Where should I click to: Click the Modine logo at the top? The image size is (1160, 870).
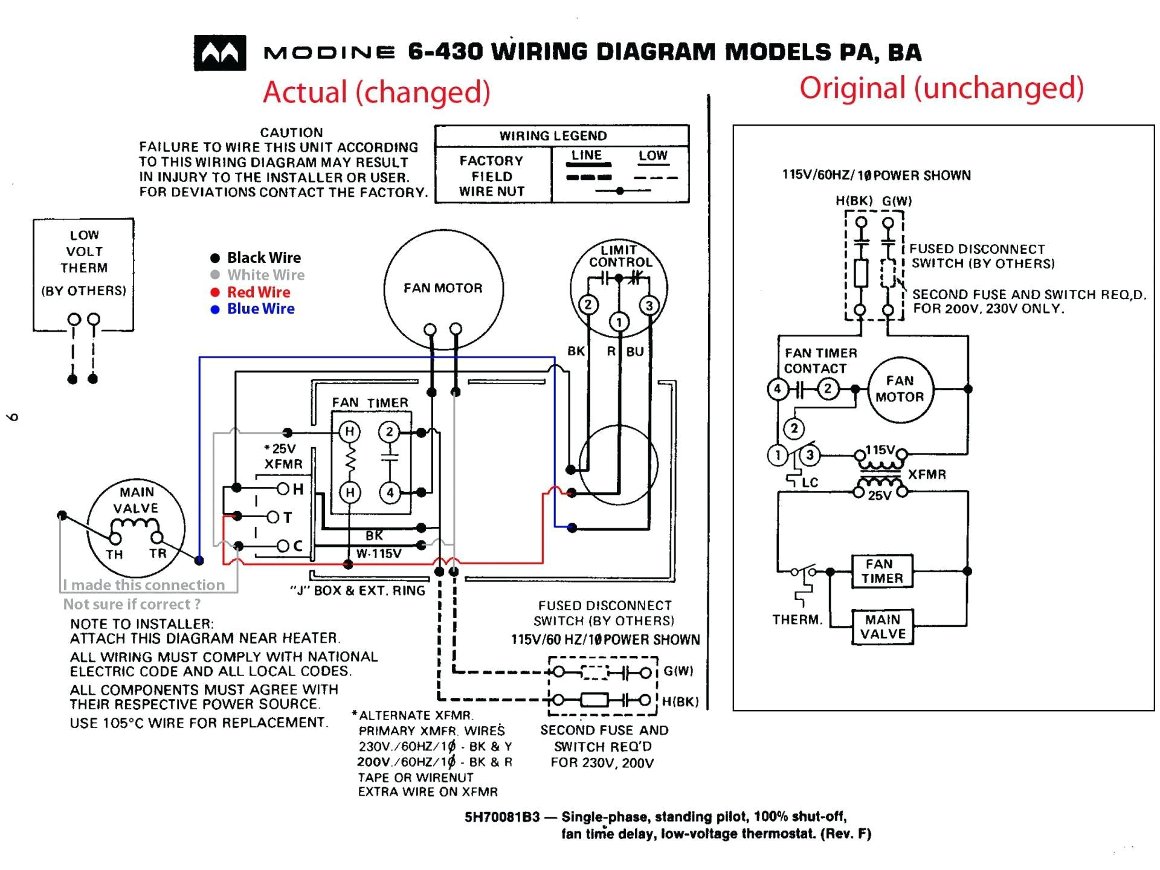[x=220, y=53]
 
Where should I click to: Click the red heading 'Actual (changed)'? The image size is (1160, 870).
[x=376, y=92]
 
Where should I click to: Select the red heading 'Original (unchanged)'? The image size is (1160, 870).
[x=941, y=88]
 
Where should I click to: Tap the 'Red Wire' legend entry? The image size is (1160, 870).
[x=258, y=292]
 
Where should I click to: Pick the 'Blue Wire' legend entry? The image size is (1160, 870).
[x=260, y=309]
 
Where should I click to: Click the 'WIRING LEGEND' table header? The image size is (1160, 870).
[x=552, y=136]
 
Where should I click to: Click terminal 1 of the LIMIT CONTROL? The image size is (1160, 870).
[x=619, y=322]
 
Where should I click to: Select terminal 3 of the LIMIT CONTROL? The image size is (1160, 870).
[x=649, y=305]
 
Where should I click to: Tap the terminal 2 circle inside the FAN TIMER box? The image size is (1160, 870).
[x=390, y=431]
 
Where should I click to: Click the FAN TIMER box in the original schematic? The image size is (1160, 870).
[x=881, y=571]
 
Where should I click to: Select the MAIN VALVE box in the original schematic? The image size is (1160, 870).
[x=882, y=627]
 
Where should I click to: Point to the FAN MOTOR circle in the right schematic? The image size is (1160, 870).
[x=900, y=389]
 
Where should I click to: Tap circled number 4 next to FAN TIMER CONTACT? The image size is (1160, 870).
[x=778, y=389]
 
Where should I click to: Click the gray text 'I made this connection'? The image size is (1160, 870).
[x=144, y=585]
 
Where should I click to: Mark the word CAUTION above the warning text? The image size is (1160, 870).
[x=291, y=132]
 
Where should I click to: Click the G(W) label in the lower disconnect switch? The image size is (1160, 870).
[x=678, y=671]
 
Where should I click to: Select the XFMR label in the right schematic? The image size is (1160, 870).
[x=926, y=474]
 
